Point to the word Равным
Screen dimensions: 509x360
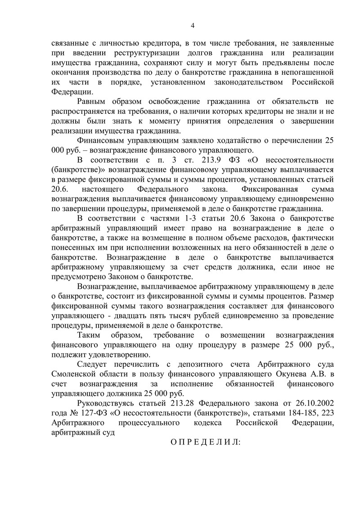(x=92, y=102)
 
